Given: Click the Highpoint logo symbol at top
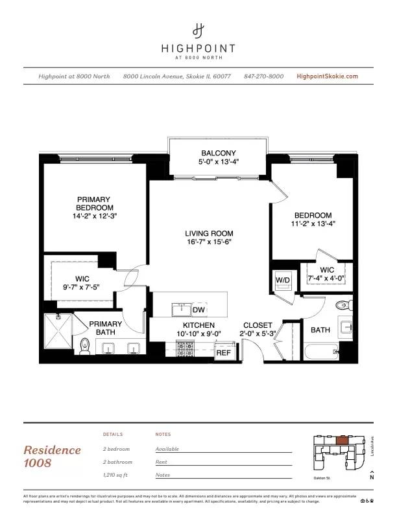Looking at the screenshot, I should (x=198, y=30).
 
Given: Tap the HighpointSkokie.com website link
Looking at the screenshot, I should (x=327, y=76).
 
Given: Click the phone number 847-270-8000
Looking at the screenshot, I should (x=263, y=76).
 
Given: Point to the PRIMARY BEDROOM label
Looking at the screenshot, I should (x=94, y=203).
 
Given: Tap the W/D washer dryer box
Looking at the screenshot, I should (x=283, y=280).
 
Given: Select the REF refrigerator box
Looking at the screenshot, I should (x=223, y=353).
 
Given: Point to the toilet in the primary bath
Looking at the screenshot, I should (x=84, y=347).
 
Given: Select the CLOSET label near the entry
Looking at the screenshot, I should (x=258, y=325).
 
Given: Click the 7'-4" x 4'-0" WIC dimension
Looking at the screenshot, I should (x=327, y=279).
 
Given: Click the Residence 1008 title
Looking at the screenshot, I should (x=52, y=456).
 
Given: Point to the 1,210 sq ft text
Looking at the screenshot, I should (x=117, y=475).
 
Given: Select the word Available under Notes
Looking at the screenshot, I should (x=167, y=449).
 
